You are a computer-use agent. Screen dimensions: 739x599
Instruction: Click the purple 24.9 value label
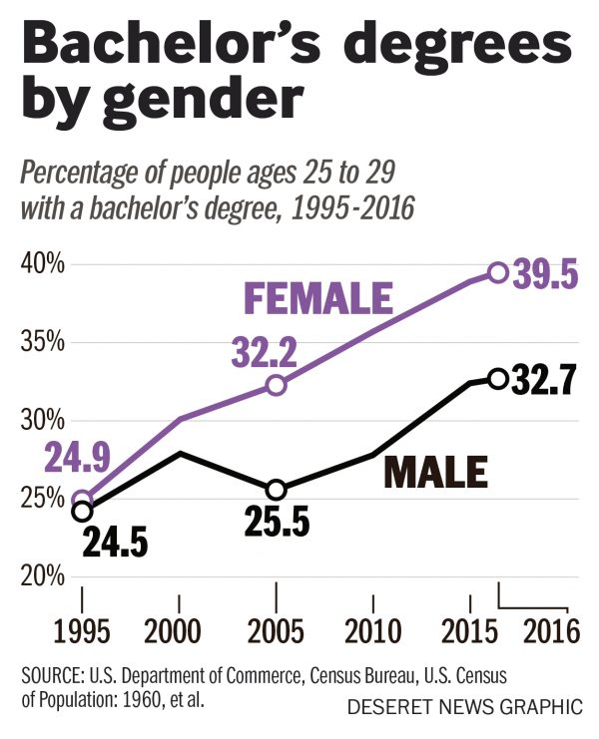pyautogui.click(x=75, y=461)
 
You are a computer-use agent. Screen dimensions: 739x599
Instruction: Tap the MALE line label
pyautogui.click(x=436, y=472)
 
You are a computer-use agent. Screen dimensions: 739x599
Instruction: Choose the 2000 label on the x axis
pyautogui.click(x=179, y=636)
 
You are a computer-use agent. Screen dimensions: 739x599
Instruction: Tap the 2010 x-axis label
pyautogui.click(x=373, y=636)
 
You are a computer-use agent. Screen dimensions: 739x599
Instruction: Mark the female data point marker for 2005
pyautogui.click(x=277, y=385)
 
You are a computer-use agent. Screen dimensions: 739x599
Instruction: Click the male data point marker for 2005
pyautogui.click(x=277, y=490)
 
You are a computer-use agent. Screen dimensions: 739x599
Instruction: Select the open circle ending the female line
pyautogui.click(x=497, y=272)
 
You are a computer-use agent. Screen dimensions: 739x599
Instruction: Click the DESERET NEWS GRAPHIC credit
pyautogui.click(x=464, y=708)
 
